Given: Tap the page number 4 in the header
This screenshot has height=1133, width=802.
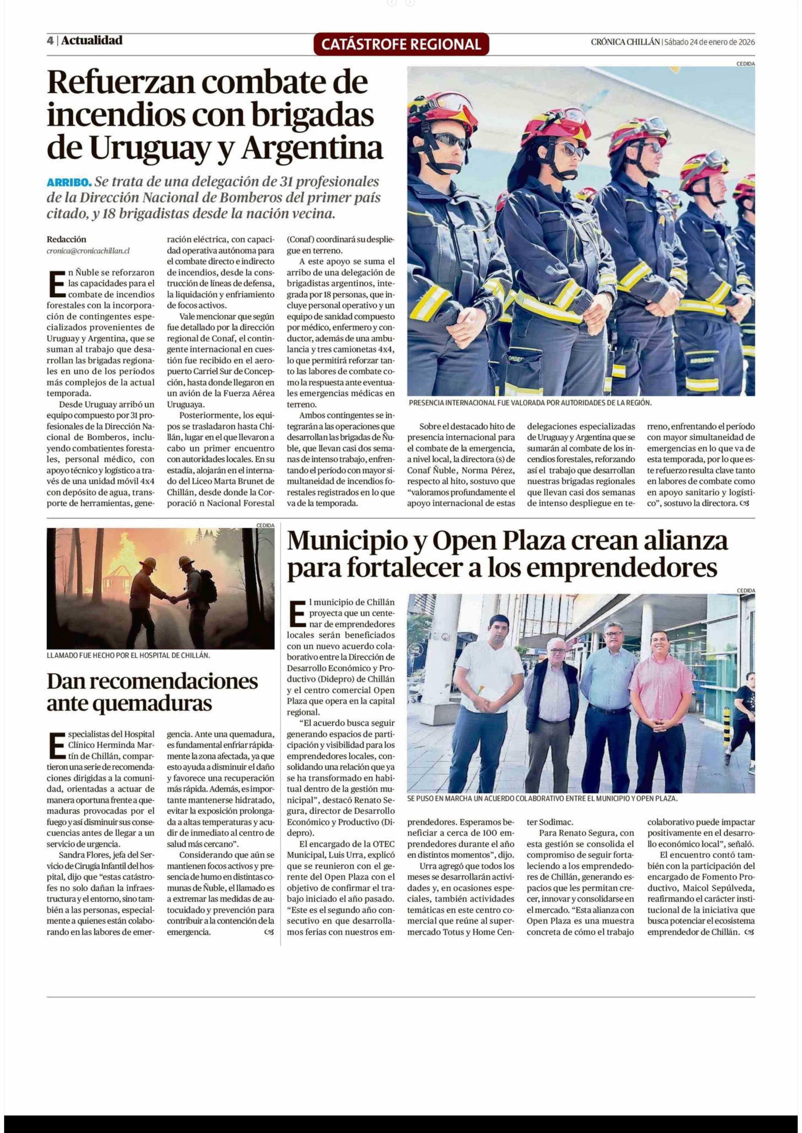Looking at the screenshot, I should click(x=50, y=40).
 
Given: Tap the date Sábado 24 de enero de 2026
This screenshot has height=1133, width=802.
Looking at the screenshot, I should click(x=709, y=42).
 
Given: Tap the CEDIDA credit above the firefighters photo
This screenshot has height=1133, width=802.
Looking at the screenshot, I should click(x=745, y=64).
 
